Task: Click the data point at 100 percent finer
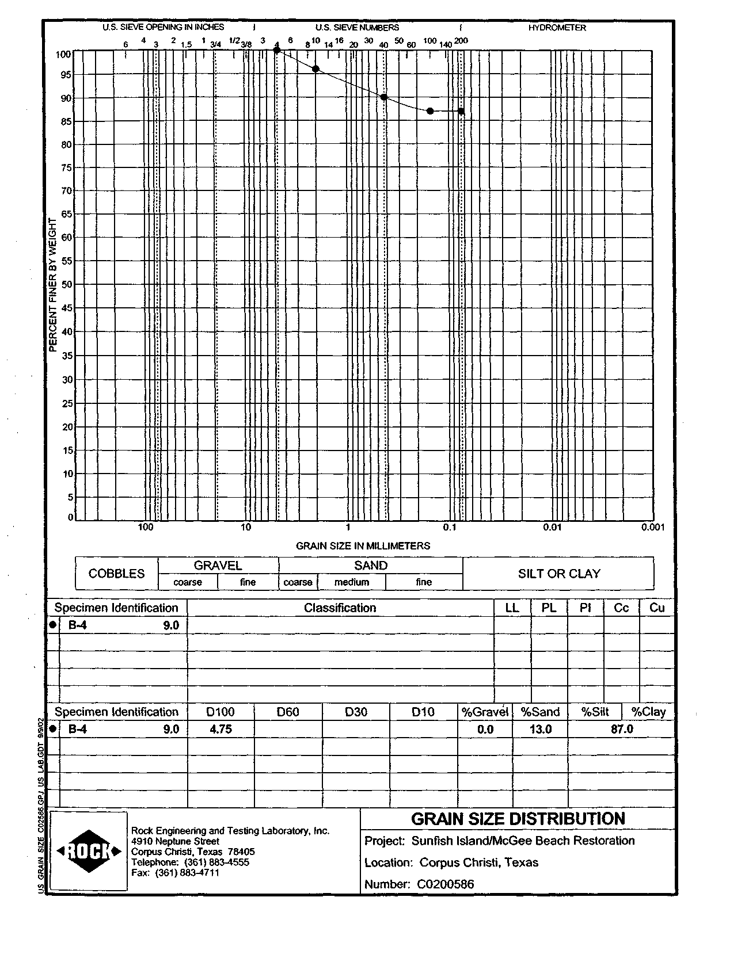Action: [x=277, y=51]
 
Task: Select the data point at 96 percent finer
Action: [x=316, y=69]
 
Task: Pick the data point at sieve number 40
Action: [x=384, y=97]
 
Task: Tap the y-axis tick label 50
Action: [x=66, y=284]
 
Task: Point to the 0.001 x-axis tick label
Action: [x=653, y=527]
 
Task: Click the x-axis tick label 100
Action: [x=146, y=527]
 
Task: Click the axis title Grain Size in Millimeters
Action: [x=363, y=545]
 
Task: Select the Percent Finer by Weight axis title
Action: [x=52, y=284]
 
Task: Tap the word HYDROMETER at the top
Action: [x=557, y=28]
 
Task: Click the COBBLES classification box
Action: [x=116, y=574]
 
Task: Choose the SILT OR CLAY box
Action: [x=558, y=574]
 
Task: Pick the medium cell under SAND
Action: [x=351, y=582]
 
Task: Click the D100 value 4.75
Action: [x=221, y=730]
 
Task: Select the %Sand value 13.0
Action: [x=540, y=730]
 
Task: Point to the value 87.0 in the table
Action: [x=622, y=730]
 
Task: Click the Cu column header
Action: [x=656, y=608]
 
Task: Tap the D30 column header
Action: [x=356, y=712]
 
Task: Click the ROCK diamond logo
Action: [x=89, y=851]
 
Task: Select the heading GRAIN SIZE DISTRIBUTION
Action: [x=518, y=819]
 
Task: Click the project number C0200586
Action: [x=445, y=884]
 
